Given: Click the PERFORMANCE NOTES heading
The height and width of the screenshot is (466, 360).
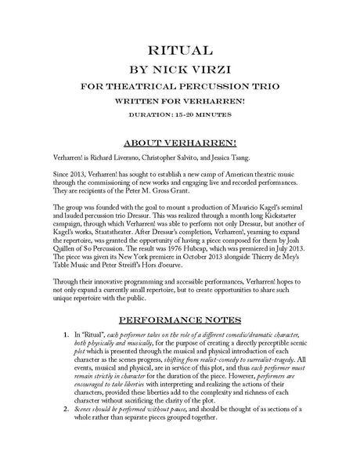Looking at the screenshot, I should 180,342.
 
